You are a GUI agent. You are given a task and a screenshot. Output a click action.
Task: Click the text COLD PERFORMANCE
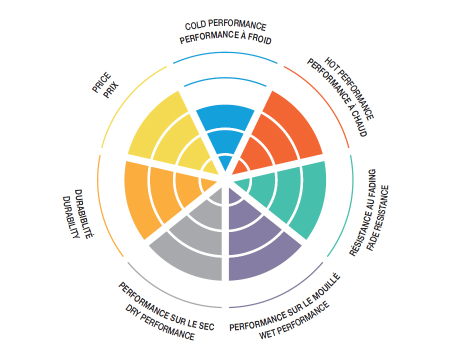pyautogui.click(x=225, y=26)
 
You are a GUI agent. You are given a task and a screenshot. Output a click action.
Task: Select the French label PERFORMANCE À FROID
pyautogui.click(x=225, y=39)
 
